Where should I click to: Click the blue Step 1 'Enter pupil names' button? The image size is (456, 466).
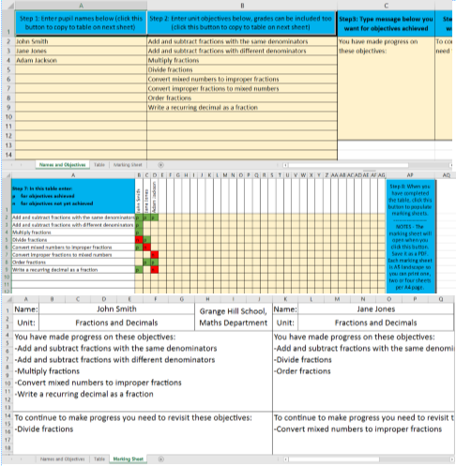[x=76, y=22]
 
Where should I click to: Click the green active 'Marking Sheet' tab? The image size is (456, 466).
[x=128, y=459]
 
